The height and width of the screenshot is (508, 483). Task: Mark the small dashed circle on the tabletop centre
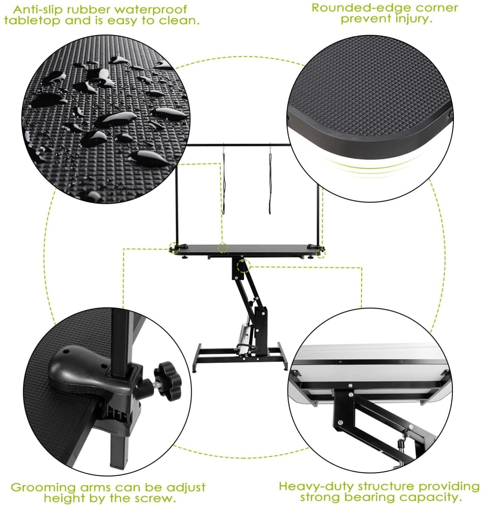(x=223, y=248)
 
